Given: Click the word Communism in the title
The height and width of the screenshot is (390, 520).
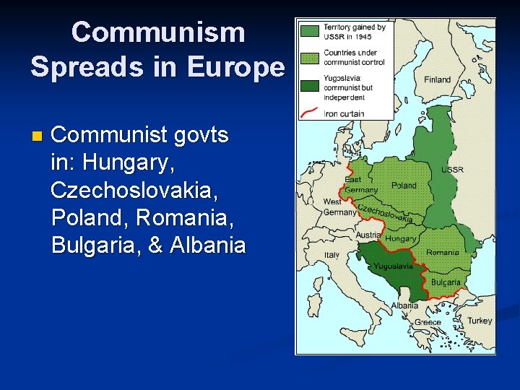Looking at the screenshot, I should [x=158, y=32].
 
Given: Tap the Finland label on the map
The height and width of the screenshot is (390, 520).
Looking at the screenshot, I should [x=437, y=79].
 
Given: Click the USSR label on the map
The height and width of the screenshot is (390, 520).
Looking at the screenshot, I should [x=452, y=170].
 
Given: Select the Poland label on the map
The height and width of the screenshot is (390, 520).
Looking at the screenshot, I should [x=404, y=186].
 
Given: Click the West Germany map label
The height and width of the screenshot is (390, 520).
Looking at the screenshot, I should [x=340, y=207].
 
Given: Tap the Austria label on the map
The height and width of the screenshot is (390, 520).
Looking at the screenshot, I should [x=368, y=235].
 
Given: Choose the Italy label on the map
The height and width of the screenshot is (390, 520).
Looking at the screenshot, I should [x=331, y=255].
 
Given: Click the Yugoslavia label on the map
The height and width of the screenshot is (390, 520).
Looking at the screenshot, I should [x=393, y=266].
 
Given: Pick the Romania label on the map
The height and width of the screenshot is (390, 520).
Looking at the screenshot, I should [x=442, y=253].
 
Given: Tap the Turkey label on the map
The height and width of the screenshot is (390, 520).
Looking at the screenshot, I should [x=479, y=320].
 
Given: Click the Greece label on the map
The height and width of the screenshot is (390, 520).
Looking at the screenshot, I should [x=428, y=322].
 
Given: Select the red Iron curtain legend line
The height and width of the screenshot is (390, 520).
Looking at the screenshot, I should [x=310, y=113].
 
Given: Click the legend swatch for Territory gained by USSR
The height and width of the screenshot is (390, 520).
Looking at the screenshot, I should [x=310, y=32].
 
